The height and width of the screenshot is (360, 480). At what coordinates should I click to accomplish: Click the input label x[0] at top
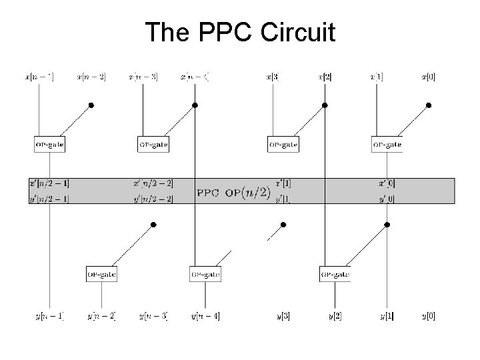point(427,77)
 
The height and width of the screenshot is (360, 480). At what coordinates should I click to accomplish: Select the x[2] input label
point(324,77)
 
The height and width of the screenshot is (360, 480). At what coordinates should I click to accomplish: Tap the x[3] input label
point(272,77)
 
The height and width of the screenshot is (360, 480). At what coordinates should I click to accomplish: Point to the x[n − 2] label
point(91,77)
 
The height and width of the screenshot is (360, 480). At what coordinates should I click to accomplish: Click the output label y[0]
point(427,315)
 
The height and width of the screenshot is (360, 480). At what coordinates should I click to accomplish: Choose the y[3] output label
point(283,315)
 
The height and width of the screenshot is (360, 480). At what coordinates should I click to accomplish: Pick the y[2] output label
point(335,315)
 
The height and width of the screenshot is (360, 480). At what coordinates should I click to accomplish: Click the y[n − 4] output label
point(205,315)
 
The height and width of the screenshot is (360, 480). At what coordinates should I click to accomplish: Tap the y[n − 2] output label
point(101,315)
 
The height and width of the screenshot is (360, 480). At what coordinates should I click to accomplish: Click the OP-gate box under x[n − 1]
point(49,143)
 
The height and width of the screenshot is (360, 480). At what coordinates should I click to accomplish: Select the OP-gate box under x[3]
point(283,143)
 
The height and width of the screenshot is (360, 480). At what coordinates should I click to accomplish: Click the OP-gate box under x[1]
point(387,143)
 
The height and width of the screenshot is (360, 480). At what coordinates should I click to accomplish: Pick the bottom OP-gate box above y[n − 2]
point(101,273)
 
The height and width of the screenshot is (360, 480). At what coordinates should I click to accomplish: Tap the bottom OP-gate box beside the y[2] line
point(335,273)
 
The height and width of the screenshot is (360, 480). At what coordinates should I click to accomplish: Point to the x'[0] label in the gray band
point(387,183)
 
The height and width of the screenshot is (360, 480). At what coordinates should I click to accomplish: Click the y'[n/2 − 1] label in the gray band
point(49,198)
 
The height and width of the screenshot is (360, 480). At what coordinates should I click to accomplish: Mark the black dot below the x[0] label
point(429,105)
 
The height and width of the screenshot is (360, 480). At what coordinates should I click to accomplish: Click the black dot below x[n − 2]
point(91,105)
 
